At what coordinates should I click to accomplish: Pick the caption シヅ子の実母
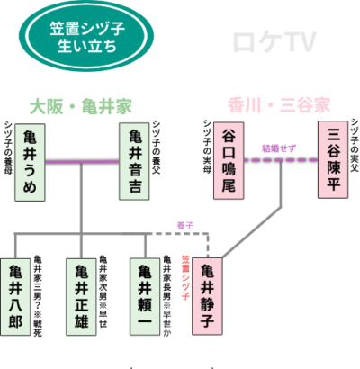(206, 149)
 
